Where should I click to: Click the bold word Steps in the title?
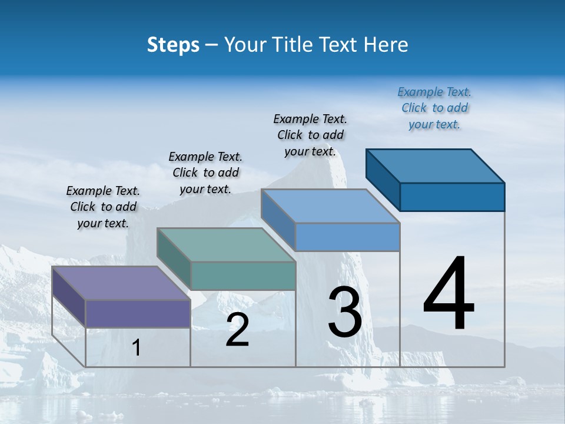pos(173,45)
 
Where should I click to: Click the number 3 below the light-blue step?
pos(345,312)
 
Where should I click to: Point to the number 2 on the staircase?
pos(237,330)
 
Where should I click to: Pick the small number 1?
pos(137,347)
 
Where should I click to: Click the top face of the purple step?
pos(121,283)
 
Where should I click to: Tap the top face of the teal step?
pos(225,244)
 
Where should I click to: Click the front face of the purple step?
pos(138,313)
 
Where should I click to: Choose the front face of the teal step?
pos(242,276)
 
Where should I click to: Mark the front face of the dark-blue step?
pos(452,196)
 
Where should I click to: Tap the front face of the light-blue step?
pos(347,237)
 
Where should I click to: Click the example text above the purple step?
pos(103,207)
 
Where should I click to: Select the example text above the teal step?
pos(205,173)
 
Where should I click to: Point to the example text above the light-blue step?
pos(310,135)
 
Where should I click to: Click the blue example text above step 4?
pos(434,108)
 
